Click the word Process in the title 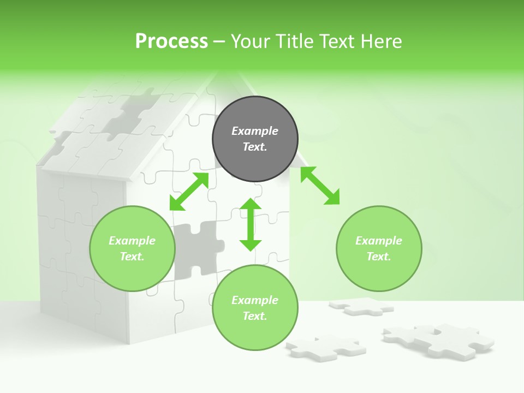point(171,41)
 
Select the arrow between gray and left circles point(189,192)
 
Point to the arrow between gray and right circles point(320,186)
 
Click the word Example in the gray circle point(255,131)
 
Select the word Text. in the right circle point(378,257)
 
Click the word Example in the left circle point(132,241)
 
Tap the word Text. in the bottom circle point(255,316)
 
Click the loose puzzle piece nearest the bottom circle point(324,346)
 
